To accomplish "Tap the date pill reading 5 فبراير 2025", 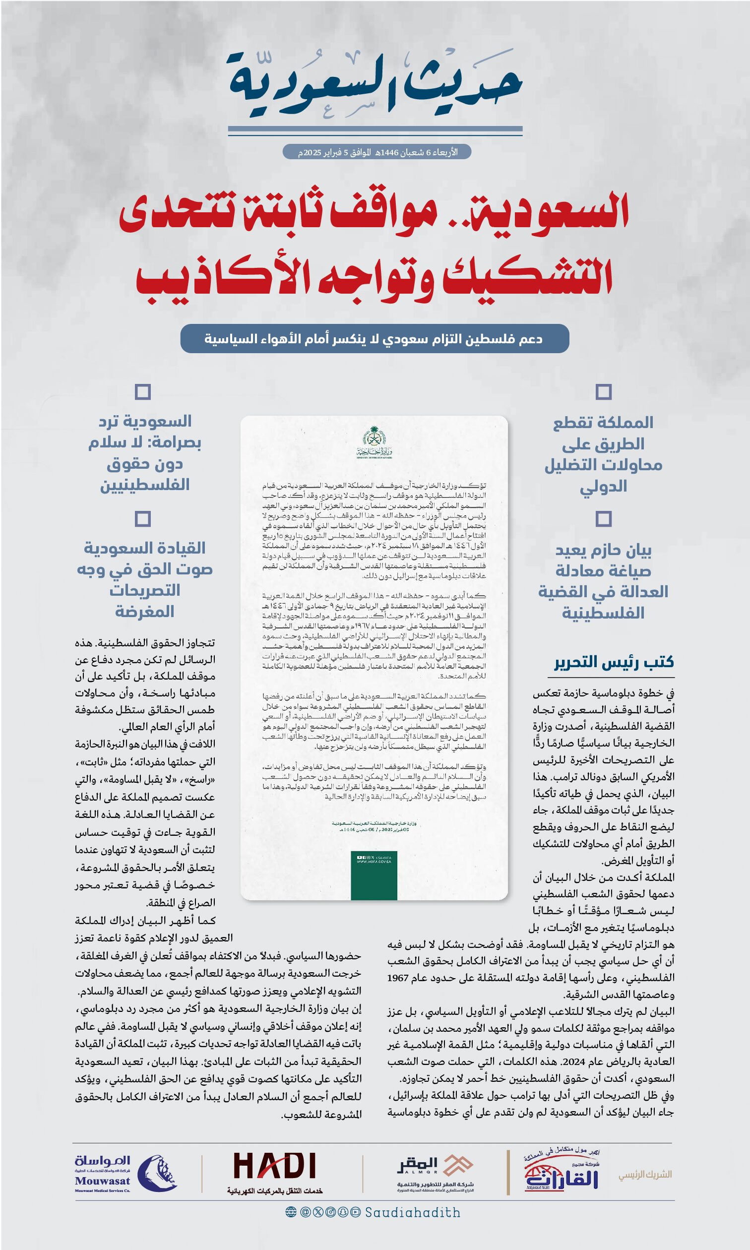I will pos(376,152).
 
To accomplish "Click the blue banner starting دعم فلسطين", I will pos(375,338).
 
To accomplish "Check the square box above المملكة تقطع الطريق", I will pos(604,391).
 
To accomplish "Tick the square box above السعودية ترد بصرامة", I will pos(143,391).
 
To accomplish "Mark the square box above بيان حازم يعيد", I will pos(604,518).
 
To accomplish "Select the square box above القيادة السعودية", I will pos(143,518).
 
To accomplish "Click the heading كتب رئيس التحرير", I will pos(614,662).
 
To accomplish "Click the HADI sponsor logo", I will pos(275,1167).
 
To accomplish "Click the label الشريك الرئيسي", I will pos(645,1174).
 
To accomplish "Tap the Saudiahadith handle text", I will pos(412,1213).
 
